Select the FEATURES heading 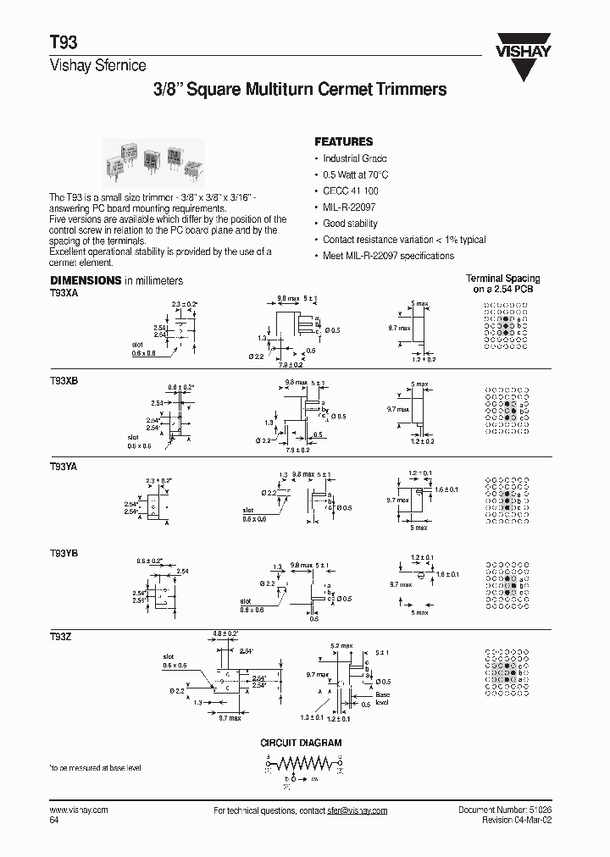[343, 141]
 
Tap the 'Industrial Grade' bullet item [355, 158]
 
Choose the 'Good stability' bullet [351, 224]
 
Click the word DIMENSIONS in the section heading [86, 280]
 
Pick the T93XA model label [64, 290]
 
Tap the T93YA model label [64, 466]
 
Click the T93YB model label [64, 551]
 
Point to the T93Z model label [60, 636]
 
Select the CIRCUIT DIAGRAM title [301, 743]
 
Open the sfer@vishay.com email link [358, 810]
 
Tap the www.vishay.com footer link [79, 810]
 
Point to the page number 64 [54, 821]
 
